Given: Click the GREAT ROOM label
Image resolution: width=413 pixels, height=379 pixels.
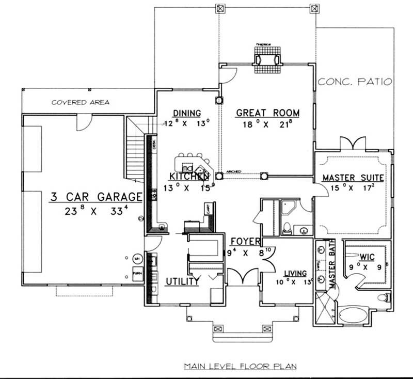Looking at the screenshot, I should [267, 113].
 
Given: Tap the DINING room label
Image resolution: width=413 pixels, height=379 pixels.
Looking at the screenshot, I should [186, 113].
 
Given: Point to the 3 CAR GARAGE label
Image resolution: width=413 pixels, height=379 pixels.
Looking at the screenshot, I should [96, 196].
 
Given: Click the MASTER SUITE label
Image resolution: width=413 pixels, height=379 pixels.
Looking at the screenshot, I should [353, 178].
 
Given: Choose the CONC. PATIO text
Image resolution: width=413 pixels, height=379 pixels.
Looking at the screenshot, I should [355, 82].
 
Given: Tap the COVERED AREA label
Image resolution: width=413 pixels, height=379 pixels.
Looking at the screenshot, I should [80, 102].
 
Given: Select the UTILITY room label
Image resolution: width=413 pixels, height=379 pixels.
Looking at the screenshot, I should [182, 281].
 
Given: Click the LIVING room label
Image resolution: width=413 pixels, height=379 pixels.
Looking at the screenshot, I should [295, 273].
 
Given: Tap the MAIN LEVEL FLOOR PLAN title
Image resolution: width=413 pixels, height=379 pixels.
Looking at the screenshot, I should [240, 367].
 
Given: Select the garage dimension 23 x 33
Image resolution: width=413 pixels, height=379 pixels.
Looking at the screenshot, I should [96, 211].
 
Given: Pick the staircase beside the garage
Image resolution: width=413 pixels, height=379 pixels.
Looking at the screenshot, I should [135, 150].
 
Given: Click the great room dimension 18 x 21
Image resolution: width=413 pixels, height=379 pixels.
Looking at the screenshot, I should [267, 124].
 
